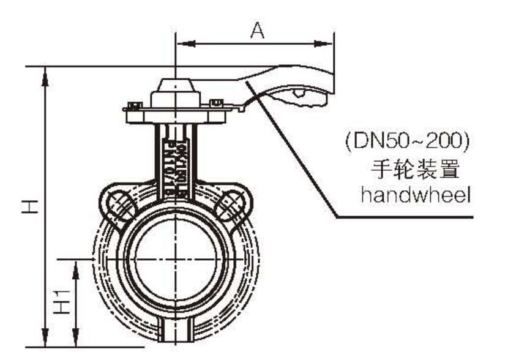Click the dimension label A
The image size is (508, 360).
[258, 31]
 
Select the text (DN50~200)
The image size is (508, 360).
[406, 143]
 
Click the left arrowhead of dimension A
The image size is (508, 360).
[184, 43]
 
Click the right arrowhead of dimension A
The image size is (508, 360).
[327, 43]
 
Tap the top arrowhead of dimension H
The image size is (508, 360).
[46, 74]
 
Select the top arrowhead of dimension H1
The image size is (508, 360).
[75, 266]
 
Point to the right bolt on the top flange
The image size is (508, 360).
[215, 103]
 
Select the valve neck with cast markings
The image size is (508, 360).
[176, 159]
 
